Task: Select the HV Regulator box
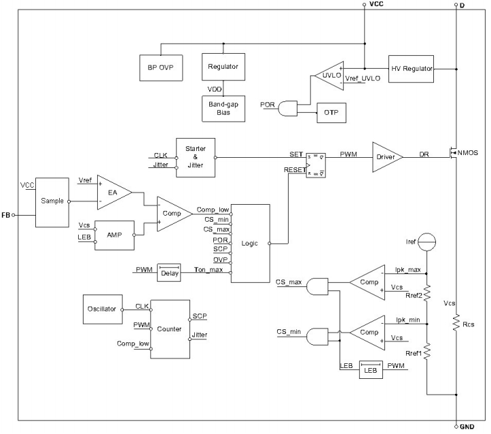pyautogui.click(x=412, y=68)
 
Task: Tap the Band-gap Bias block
pyautogui.click(x=223, y=107)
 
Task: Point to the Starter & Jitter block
pyautogui.click(x=196, y=157)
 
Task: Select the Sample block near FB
pyautogui.click(x=52, y=201)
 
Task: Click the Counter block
pyautogui.click(x=169, y=329)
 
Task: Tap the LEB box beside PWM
pyautogui.click(x=370, y=369)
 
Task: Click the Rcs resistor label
pyautogui.click(x=467, y=324)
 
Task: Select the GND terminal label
pyautogui.click(x=467, y=427)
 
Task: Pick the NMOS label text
pyautogui.click(x=469, y=153)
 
